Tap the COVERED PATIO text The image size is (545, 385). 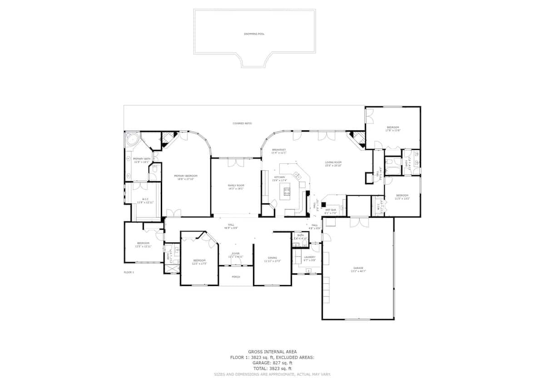click(x=242, y=123)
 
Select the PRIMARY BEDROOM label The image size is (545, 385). click(x=186, y=176)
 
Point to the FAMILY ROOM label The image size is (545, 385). click(x=236, y=185)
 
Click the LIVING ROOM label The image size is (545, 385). click(x=333, y=162)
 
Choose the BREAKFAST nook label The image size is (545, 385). click(x=279, y=150)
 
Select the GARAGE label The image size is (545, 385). click(x=358, y=268)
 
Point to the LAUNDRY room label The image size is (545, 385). click(x=309, y=257)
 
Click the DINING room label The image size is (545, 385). click(x=272, y=258)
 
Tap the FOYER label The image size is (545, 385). click(x=236, y=253)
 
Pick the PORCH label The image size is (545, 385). click(x=236, y=276)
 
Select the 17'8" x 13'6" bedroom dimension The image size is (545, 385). click(x=393, y=130)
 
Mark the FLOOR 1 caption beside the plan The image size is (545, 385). click(x=129, y=272)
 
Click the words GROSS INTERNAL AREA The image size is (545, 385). click(x=272, y=352)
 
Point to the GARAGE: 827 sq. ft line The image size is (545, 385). click(x=272, y=363)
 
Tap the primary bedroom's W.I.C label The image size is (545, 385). click(x=145, y=199)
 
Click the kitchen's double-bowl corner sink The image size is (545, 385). click(x=298, y=175)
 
